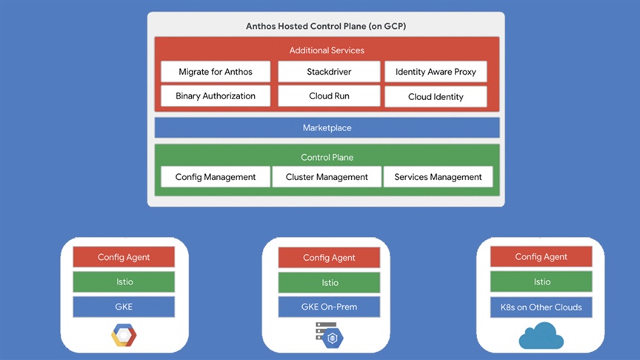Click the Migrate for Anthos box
pyautogui.click(x=216, y=72)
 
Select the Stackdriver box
pyautogui.click(x=329, y=72)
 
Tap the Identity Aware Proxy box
pyautogui.click(x=436, y=72)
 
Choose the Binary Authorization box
pyautogui.click(x=216, y=96)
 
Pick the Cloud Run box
pyautogui.click(x=329, y=96)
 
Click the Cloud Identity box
pyautogui.click(x=436, y=97)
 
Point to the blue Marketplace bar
pyautogui.click(x=327, y=127)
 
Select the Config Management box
pyautogui.click(x=216, y=177)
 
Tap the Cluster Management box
pyautogui.click(x=327, y=177)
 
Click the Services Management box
pyautogui.click(x=438, y=177)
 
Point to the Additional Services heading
pyautogui.click(x=327, y=50)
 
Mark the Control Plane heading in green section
pyautogui.click(x=327, y=157)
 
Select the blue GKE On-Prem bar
pyautogui.click(x=329, y=307)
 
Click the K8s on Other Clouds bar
pyautogui.click(x=541, y=307)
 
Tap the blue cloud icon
pyautogui.click(x=541, y=336)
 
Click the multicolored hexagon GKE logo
pyautogui.click(x=124, y=335)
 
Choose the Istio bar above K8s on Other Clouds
pyautogui.click(x=541, y=281)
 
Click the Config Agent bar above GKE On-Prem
pyautogui.click(x=329, y=258)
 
